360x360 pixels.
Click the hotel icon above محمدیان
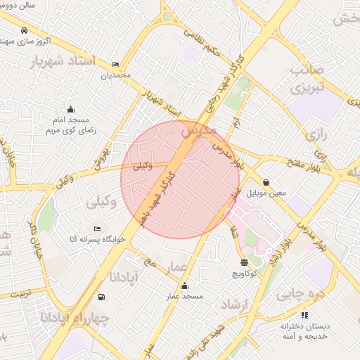coord(115,64)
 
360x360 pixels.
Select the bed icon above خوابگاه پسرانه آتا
coord(97,229)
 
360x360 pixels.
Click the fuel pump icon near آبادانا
coord(103,296)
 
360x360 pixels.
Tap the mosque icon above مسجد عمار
coord(184,285)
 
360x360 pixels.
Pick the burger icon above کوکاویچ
coord(244,262)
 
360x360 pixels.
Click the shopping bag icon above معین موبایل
coord(266,182)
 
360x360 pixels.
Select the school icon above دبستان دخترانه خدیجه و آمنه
coord(304,315)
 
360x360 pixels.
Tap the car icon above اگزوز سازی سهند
coord(25,31)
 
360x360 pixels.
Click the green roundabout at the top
coord(167,15)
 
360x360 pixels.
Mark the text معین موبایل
coord(266,192)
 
